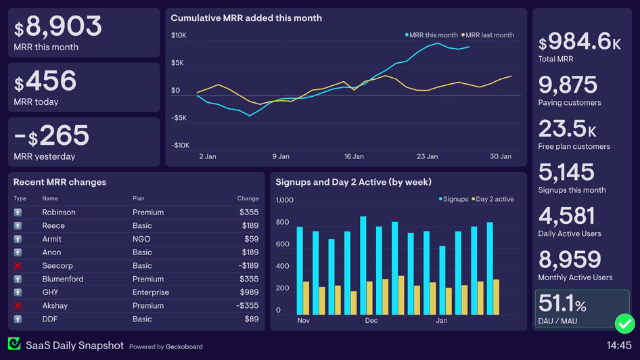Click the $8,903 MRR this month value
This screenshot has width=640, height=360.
(x=58, y=27)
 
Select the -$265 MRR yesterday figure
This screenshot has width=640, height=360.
(x=51, y=136)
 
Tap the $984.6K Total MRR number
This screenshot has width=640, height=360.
(x=579, y=42)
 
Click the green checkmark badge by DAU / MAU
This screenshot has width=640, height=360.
(x=624, y=323)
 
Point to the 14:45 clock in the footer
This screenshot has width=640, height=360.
(x=619, y=345)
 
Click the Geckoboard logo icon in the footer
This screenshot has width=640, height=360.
(x=14, y=344)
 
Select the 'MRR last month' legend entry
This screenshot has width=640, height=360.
(x=488, y=35)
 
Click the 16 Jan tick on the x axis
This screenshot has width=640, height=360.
(x=354, y=156)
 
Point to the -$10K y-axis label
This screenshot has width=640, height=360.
(x=180, y=145)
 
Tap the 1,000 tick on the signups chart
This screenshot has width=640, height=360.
(x=285, y=200)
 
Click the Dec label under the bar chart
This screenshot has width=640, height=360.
(x=371, y=321)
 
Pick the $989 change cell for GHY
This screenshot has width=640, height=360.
(x=249, y=292)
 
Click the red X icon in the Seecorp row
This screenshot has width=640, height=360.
(x=18, y=266)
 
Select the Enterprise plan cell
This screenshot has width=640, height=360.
(x=150, y=292)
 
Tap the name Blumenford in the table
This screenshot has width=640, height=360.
(x=63, y=279)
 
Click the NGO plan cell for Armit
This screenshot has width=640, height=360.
(x=141, y=239)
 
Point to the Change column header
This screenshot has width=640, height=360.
(x=248, y=198)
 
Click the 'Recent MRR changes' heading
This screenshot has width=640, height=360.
(x=60, y=182)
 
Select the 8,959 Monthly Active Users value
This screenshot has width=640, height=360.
(x=570, y=260)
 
